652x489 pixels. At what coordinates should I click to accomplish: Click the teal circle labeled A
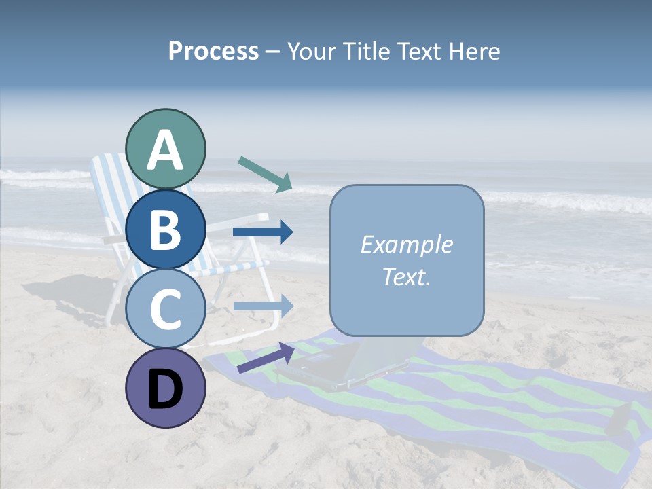click(x=165, y=149)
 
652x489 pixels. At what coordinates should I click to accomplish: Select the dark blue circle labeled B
click(x=165, y=229)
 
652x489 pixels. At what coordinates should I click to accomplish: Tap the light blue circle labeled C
click(x=165, y=308)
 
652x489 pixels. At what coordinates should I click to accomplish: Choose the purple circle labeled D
click(x=165, y=388)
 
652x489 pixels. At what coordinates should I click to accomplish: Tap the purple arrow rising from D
click(x=266, y=357)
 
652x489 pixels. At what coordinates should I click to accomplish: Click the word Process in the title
click(x=213, y=51)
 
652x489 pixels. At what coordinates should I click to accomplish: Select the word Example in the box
click(x=406, y=244)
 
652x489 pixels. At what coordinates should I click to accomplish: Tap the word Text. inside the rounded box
click(x=406, y=276)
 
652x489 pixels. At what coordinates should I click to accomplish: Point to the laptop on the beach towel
click(x=353, y=367)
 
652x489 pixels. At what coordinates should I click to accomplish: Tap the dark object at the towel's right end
click(x=620, y=417)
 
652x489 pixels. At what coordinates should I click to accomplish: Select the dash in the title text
click(x=273, y=52)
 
